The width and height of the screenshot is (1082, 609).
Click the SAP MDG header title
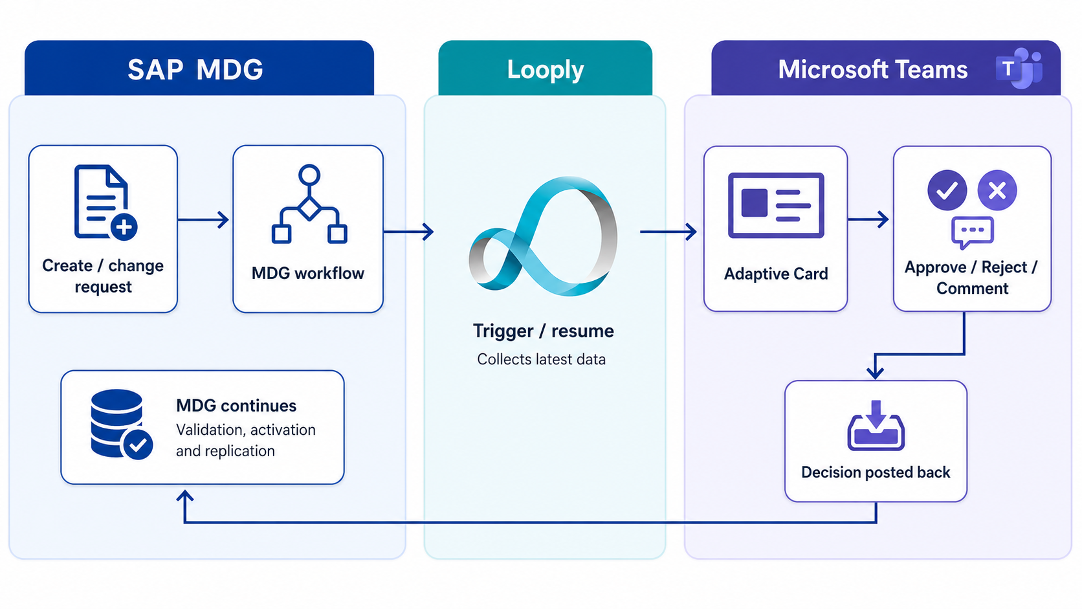[195, 69]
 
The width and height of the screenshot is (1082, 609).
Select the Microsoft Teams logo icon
[1020, 69]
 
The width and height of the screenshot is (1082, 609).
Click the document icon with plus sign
[105, 203]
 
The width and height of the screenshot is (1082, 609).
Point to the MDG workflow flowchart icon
[309, 204]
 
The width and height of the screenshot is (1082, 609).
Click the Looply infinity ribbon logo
[543, 236]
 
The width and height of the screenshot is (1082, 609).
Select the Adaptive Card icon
[776, 205]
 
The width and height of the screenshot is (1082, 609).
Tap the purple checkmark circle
[947, 190]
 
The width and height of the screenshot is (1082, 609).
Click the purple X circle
[997, 190]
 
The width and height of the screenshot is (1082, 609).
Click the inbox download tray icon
[876, 425]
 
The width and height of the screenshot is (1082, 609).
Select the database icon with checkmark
[122, 425]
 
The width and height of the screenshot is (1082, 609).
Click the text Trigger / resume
[544, 331]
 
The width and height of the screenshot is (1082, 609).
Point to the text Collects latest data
[542, 359]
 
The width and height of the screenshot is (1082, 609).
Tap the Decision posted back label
[876, 472]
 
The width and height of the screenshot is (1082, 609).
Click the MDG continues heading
[236, 406]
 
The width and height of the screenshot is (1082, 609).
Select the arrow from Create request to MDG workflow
[203, 220]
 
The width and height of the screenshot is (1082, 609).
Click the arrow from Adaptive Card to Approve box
[868, 219]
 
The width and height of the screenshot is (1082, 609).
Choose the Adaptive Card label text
[776, 274]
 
